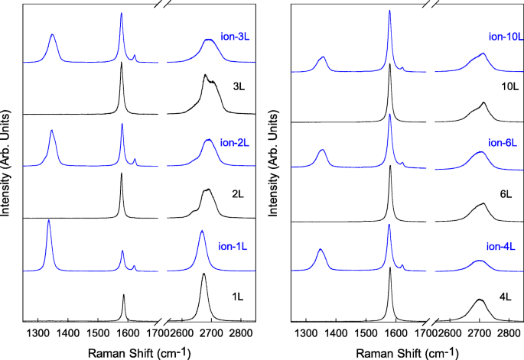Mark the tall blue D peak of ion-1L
49,222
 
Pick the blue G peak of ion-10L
389,12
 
